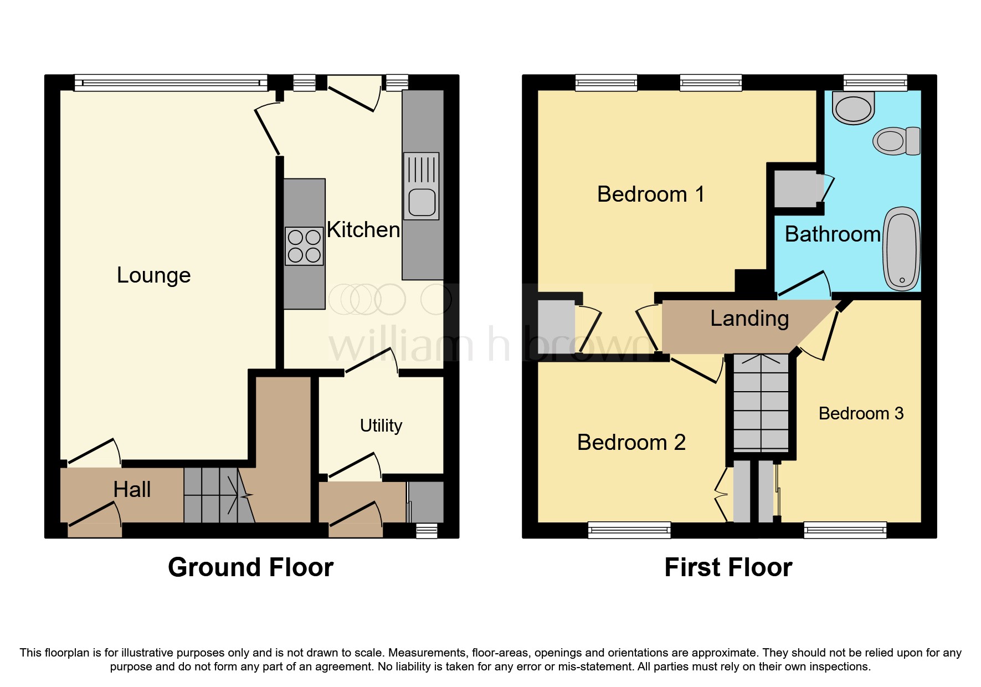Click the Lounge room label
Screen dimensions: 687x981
153,275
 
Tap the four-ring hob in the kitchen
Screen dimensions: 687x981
304,246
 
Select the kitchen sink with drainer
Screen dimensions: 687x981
422,186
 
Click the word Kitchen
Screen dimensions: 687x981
363,229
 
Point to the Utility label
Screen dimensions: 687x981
381,425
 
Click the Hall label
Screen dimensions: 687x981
132,489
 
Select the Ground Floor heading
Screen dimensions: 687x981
250,567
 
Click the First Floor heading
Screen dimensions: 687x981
728,567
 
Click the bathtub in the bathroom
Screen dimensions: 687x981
902,248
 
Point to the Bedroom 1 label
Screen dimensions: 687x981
650,194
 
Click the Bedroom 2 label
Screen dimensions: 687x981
631,442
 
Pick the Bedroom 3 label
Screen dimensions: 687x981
861,413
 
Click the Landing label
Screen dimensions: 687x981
749,319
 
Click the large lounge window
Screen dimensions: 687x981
171,83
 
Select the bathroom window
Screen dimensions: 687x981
875,83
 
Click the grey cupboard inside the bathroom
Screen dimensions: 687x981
795,189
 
